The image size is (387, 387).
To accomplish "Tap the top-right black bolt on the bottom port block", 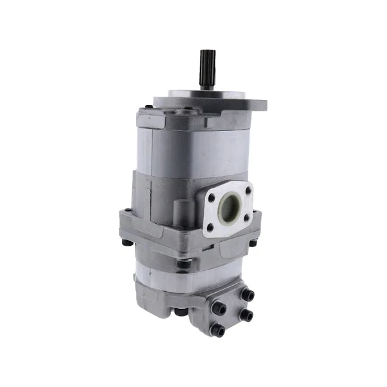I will pyautogui.click(x=249, y=295).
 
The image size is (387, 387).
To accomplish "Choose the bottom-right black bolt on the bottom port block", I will pyautogui.click(x=246, y=317).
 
